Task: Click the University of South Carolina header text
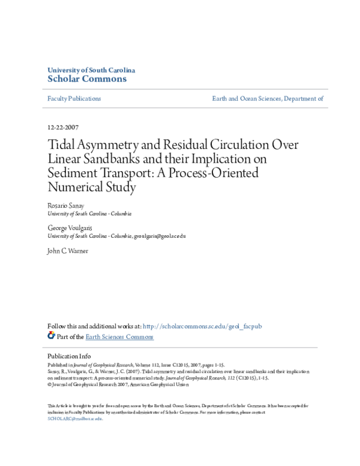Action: tap(91, 70)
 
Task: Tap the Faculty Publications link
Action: tap(74, 98)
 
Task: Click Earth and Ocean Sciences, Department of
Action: tap(268, 98)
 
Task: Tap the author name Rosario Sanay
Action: tap(65, 205)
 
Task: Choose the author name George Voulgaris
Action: tap(68, 228)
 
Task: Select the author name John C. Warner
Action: tap(67, 251)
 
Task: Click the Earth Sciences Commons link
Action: tap(119, 337)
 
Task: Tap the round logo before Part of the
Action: tap(51, 336)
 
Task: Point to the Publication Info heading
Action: tap(69, 356)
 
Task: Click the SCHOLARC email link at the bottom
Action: tap(75, 419)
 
